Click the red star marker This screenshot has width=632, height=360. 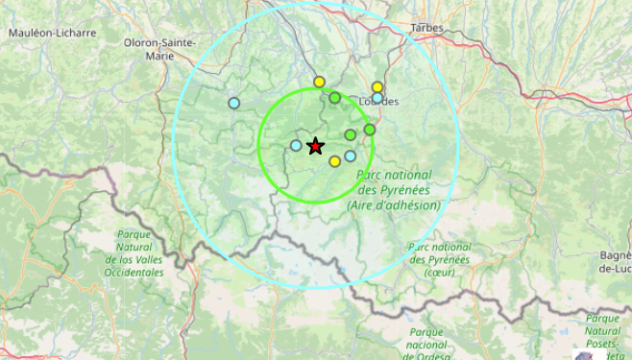click(315, 146)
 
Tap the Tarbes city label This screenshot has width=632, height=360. click(426, 28)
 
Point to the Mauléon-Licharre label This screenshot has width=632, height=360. click(53, 33)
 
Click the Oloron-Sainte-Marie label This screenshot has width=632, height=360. click(160, 49)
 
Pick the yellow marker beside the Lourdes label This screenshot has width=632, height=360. click(377, 87)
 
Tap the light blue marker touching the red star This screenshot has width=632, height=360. click(296, 146)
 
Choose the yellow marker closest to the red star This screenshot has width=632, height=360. click(334, 161)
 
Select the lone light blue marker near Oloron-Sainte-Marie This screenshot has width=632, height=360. click(233, 103)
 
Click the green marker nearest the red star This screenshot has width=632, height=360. click(351, 134)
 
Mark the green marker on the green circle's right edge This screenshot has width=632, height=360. click(370, 129)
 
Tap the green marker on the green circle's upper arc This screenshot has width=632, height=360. click(334, 98)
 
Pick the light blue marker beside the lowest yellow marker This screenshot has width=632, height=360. click(351, 156)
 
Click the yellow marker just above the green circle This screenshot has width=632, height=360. click(319, 82)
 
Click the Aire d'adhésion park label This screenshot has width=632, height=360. click(394, 190)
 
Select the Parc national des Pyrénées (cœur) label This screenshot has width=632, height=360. click(439, 259)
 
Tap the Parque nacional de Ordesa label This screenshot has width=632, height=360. click(425, 345)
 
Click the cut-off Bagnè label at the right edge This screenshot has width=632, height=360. click(615, 261)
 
